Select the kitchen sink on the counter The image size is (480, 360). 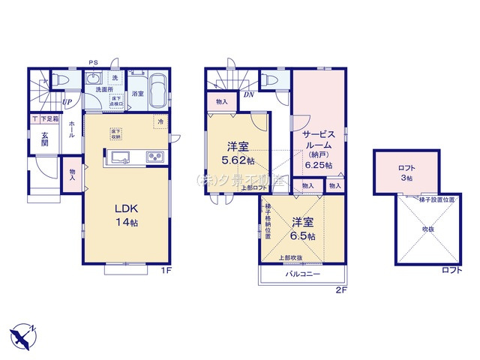(120, 157)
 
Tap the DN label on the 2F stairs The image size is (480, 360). (248, 95)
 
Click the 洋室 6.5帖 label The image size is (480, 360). (303, 228)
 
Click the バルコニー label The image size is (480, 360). (303, 274)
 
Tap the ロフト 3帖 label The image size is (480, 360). (406, 172)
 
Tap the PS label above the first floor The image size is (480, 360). (94, 62)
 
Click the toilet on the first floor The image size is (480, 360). (62, 79)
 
